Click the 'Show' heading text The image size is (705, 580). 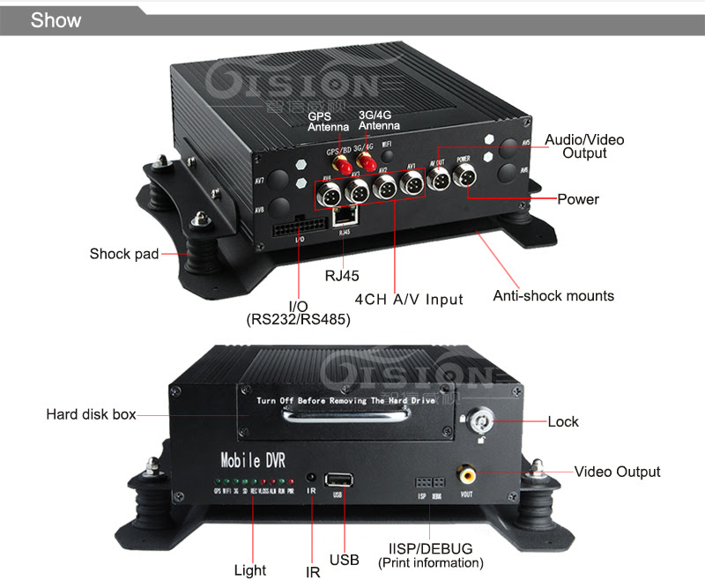[56, 19]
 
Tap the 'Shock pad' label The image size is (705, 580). [124, 254]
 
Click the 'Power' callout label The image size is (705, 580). [578, 199]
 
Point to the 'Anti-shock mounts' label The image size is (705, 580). [553, 296]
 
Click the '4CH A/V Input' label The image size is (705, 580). [409, 299]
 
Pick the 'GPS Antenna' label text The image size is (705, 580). [328, 121]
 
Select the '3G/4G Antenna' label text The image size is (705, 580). [379, 121]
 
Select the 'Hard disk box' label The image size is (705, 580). [91, 413]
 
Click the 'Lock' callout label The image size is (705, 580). [563, 421]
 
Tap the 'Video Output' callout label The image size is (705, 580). [617, 472]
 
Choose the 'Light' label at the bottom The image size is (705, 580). [250, 569]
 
